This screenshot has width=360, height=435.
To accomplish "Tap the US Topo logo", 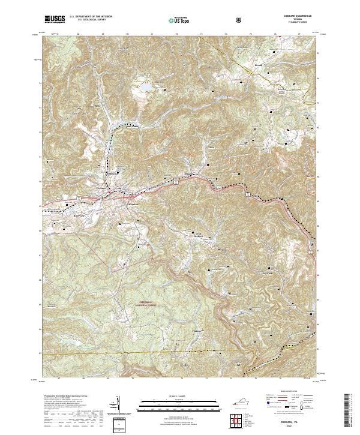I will coord(179,20).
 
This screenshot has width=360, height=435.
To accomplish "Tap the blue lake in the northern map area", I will coord(144,89).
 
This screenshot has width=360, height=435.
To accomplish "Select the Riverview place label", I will coord(80,215).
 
